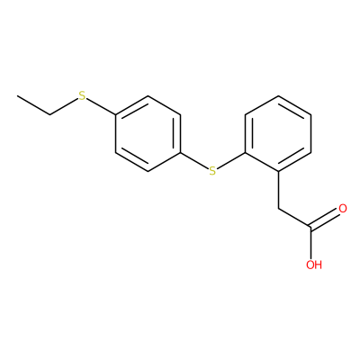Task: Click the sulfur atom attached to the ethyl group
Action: (x=82, y=95)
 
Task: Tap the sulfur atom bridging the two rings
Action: (x=212, y=171)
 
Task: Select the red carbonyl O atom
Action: (x=343, y=209)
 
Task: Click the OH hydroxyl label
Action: (x=314, y=265)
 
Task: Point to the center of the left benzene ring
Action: (x=148, y=133)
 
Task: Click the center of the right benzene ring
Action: (x=278, y=133)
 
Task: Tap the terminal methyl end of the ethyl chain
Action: (x=17, y=96)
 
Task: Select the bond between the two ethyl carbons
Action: (x=33, y=105)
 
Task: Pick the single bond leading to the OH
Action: (x=311, y=243)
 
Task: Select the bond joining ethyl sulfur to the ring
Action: (x=101, y=106)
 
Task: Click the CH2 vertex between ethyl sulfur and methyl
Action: (x=50, y=114)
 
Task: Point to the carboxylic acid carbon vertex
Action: (x=311, y=228)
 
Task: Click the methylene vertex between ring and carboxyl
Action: (x=279, y=209)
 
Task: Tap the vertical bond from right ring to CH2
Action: (x=279, y=190)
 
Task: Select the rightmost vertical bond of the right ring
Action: (x=311, y=133)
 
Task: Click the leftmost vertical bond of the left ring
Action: (x=115, y=133)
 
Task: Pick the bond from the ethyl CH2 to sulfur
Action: (x=64, y=106)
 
